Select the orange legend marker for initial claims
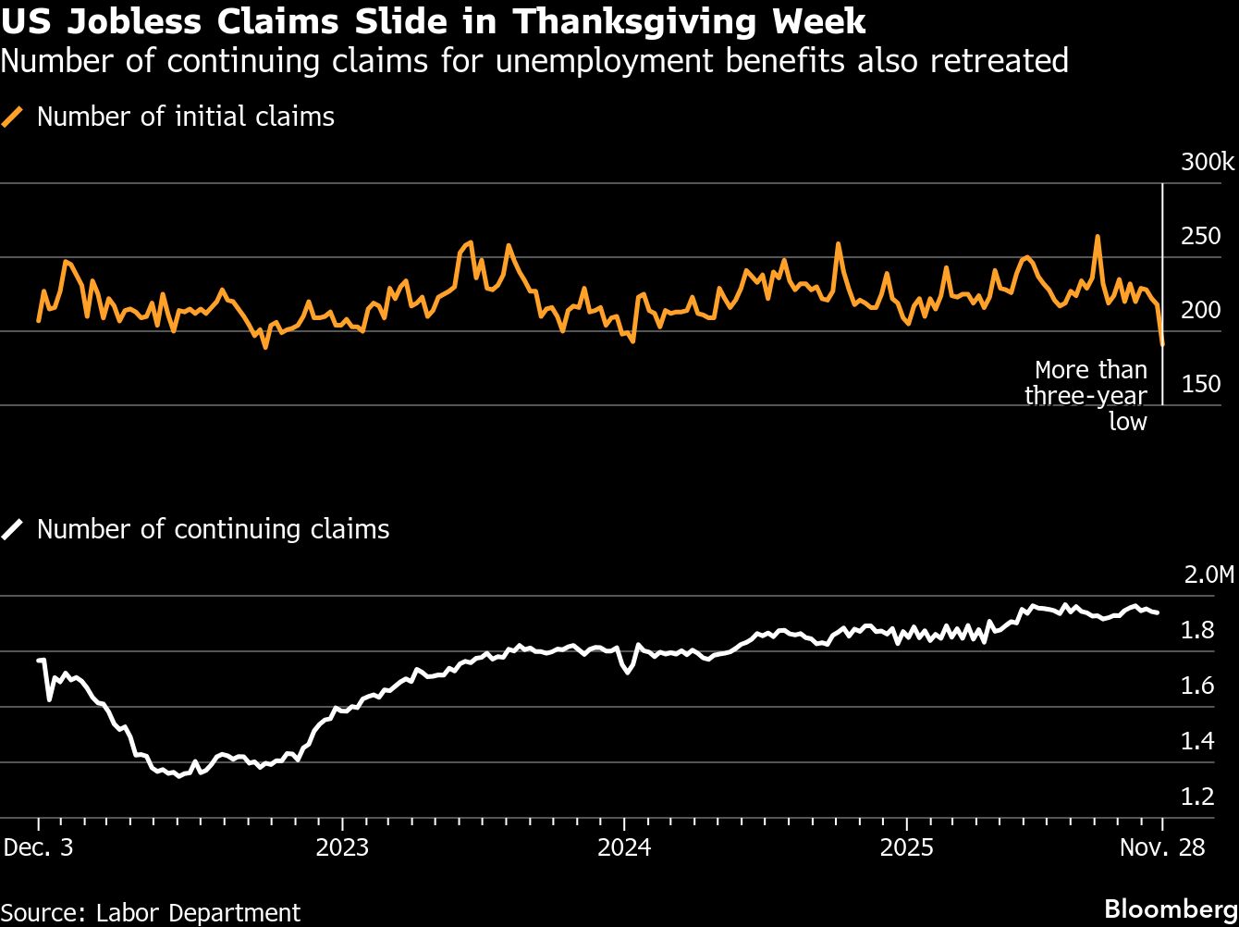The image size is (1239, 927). coord(13,117)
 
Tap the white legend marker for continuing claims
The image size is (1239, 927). coord(13,529)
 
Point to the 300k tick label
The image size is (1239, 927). coord(1207,163)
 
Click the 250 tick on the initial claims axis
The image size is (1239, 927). coord(1200,237)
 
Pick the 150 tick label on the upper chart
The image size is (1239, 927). coord(1200,385)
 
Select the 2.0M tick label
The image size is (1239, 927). coord(1208,575)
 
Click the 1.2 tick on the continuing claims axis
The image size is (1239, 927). coord(1199,797)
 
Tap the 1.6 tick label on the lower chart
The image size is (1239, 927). coord(1199,686)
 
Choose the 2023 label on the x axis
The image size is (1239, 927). coord(342,847)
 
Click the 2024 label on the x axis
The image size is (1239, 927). coord(624,847)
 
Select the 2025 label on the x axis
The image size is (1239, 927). coord(907,847)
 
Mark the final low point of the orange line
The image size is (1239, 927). coord(1162,345)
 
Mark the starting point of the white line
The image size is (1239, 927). coord(39,661)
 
